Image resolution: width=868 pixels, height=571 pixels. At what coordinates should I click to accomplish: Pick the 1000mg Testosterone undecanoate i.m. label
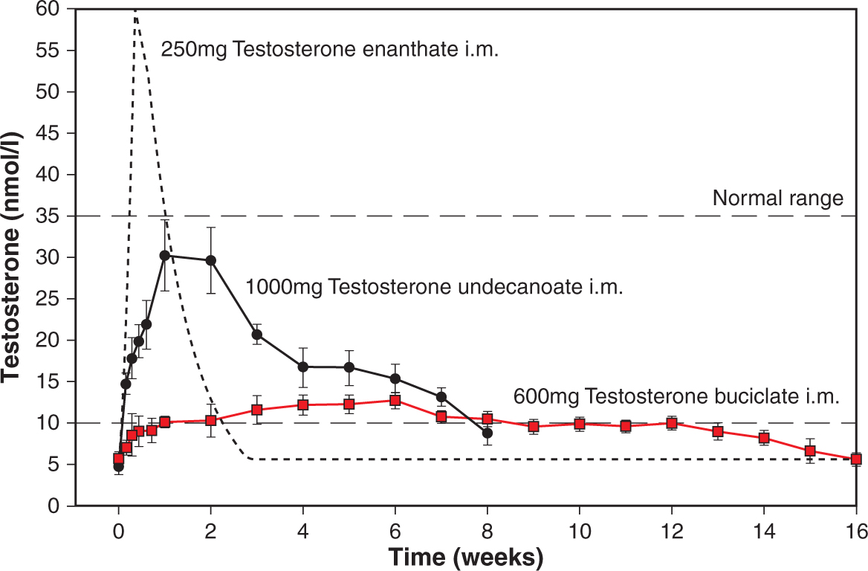(433, 287)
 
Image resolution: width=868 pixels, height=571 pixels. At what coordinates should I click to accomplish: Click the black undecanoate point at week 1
(165, 255)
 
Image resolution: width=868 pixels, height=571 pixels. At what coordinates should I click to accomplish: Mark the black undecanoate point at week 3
(257, 335)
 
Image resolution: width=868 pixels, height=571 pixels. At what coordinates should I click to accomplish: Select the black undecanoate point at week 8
(488, 433)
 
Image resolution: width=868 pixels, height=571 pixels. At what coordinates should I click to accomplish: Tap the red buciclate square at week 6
(395, 401)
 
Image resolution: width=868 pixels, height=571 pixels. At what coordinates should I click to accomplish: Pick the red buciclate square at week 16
(856, 459)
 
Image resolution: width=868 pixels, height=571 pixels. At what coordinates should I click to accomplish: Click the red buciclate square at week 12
(672, 423)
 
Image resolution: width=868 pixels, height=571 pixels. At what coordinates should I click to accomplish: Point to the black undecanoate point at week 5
(349, 367)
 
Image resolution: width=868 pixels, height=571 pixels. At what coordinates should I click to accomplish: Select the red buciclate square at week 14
(764, 438)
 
